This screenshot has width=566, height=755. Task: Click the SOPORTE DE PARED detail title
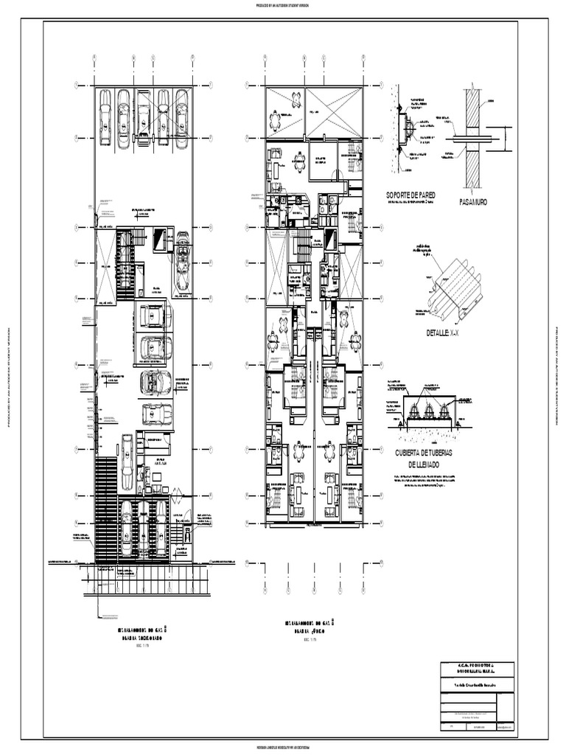410,195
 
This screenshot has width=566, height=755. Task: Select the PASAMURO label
476,201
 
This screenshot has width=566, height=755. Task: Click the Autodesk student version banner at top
283,4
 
